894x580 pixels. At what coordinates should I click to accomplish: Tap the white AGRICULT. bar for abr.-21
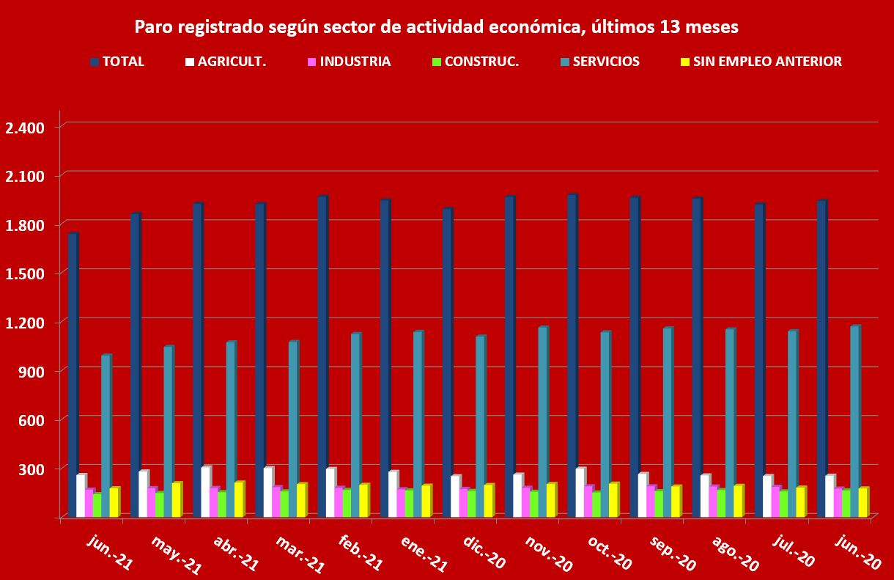206,491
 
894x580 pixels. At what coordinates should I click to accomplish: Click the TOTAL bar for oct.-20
572,356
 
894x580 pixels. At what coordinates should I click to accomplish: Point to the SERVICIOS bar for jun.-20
854,422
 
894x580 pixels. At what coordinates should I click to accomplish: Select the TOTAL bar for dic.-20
447,363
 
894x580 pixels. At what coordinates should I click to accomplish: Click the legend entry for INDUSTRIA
355,62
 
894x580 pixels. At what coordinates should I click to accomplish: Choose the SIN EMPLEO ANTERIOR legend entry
766,62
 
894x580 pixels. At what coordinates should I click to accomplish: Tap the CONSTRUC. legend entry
481,62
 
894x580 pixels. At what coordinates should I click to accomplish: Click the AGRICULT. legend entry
232,62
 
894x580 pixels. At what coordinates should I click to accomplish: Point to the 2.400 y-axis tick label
25,128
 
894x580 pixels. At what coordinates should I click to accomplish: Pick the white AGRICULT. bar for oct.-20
580,492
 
